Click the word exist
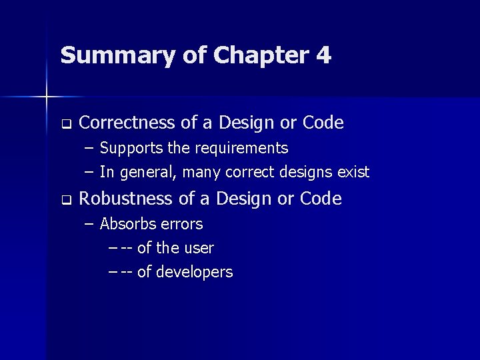pyautogui.click(x=353, y=172)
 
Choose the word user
pyautogui.click(x=199, y=248)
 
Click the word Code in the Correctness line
pyautogui.click(x=323, y=123)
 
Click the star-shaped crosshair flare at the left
pyautogui.click(x=47, y=97)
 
